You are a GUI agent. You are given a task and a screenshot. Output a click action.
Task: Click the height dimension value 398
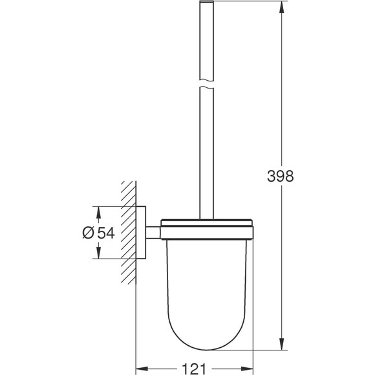point(280,177)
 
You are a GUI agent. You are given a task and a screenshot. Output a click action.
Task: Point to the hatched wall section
point(127,233)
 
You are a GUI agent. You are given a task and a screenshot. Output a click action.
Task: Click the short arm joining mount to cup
point(153,233)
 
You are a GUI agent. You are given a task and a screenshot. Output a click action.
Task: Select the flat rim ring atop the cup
point(206,225)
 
